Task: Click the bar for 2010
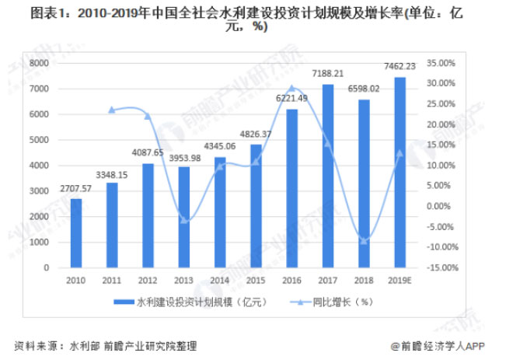(76, 233)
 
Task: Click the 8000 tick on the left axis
(38, 63)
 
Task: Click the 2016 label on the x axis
(291, 281)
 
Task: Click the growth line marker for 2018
(364, 241)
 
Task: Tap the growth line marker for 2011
(112, 110)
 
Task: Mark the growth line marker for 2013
(184, 221)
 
